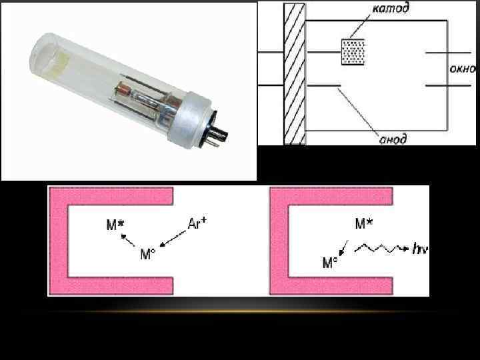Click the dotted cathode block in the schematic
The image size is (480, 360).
point(352,51)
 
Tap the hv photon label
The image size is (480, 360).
point(420,249)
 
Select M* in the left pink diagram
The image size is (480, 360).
point(115,226)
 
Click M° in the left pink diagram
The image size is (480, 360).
point(148,254)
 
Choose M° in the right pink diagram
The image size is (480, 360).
point(330,263)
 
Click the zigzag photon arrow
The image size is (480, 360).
point(380,249)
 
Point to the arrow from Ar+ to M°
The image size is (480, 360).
point(173,239)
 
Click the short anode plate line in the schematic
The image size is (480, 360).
point(327,85)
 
